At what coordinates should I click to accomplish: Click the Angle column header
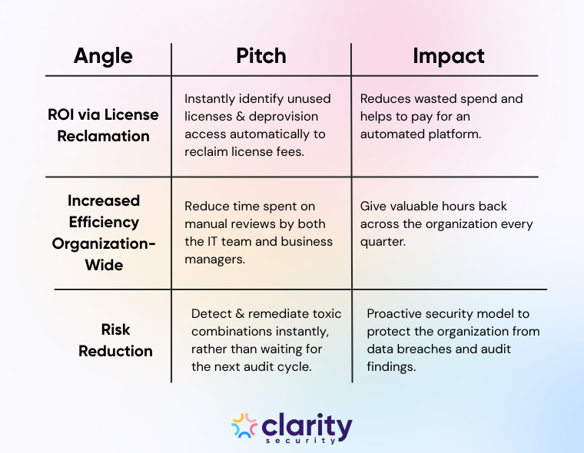pos(103,55)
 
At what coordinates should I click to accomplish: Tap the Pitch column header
pos(260,55)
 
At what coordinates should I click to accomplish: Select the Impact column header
pos(448,55)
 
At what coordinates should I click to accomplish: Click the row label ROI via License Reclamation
pos(103,125)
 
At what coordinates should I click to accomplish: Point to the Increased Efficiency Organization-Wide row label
pos(103,233)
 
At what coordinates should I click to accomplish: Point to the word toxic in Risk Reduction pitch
pos(327,314)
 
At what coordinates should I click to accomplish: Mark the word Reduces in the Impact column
pos(385,99)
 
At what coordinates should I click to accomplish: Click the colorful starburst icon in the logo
pos(244,427)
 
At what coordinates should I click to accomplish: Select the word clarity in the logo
pos(307,425)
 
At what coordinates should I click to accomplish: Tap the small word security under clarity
pos(310,441)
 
